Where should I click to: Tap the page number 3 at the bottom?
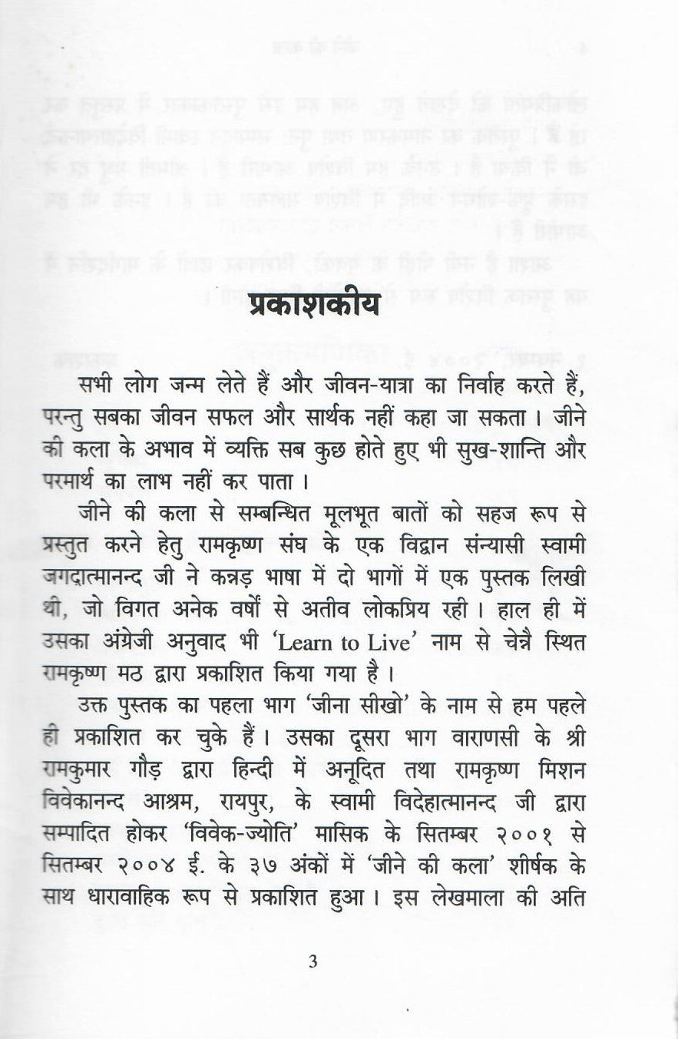point(312,961)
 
